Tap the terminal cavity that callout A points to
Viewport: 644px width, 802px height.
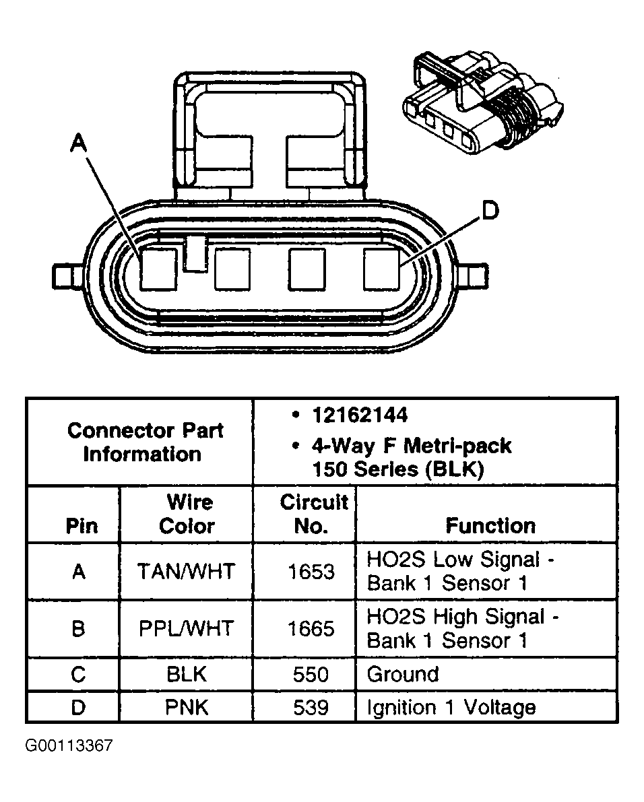(159, 269)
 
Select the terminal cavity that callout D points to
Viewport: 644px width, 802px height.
(381, 269)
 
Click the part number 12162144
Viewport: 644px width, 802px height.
(359, 415)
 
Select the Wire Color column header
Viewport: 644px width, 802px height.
(187, 514)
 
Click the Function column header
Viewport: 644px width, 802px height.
(490, 525)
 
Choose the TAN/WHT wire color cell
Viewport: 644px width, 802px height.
(187, 572)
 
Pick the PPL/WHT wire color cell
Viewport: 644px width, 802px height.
(187, 629)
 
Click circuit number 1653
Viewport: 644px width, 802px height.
(311, 572)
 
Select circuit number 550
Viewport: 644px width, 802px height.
(311, 675)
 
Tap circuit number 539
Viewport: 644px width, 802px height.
(311, 708)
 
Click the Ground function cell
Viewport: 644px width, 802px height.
(403, 675)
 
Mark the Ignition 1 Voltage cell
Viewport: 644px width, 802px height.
(451, 708)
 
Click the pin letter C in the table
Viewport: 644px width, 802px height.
(79, 675)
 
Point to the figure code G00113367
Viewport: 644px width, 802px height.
(69, 746)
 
